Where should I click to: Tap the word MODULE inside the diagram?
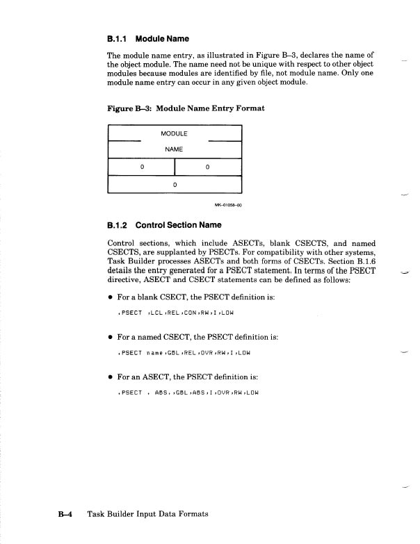coord(175,133)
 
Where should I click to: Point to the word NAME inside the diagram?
coord(175,149)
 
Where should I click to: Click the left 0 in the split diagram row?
coord(142,167)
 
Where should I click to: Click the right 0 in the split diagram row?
coord(208,167)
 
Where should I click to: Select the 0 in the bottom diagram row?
coord(175,184)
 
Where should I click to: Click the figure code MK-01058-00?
coord(227,206)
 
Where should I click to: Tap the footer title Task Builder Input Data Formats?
coord(148,514)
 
